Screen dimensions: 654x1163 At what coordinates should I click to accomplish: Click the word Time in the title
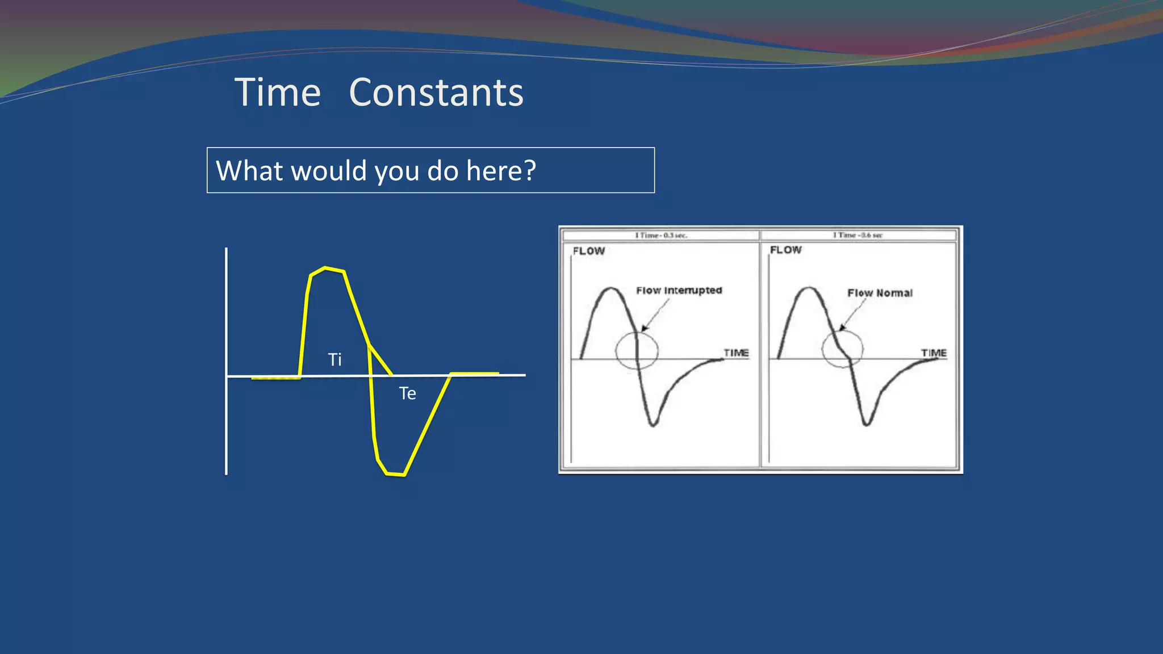click(278, 93)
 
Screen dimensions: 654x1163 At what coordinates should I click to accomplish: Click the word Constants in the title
click(436, 93)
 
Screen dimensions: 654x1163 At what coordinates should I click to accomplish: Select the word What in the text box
click(250, 170)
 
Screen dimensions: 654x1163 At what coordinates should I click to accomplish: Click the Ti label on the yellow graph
click(335, 359)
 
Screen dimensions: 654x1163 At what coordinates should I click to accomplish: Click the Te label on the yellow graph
click(407, 393)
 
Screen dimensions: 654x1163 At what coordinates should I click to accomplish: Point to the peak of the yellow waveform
click(325, 268)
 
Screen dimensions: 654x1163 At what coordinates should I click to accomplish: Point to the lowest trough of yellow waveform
click(395, 473)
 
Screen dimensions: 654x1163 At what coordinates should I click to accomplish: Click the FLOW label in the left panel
click(589, 251)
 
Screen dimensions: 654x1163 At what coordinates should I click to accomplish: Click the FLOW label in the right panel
click(786, 250)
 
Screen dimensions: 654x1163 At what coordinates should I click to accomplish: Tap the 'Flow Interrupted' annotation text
click(679, 291)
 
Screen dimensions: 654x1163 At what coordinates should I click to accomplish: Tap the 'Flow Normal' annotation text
click(880, 293)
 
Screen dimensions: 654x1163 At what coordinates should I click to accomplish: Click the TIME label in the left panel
click(736, 353)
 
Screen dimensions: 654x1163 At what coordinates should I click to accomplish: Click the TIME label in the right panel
click(934, 353)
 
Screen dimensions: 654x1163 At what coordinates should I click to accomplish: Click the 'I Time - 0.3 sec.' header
click(661, 235)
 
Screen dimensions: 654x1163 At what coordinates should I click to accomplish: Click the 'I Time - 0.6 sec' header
click(857, 235)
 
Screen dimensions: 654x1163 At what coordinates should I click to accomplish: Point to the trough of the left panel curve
click(653, 424)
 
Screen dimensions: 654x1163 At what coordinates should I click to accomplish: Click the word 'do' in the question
click(442, 170)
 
